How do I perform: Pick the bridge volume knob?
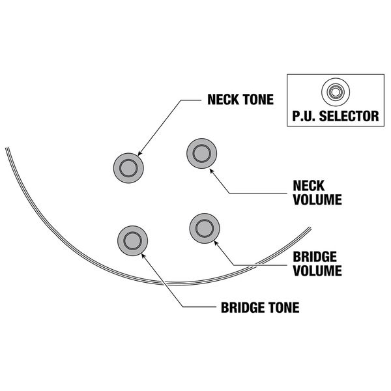point(203,227)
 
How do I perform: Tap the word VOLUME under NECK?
point(315,200)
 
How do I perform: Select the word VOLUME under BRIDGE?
point(315,269)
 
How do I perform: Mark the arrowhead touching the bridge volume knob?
point(215,241)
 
